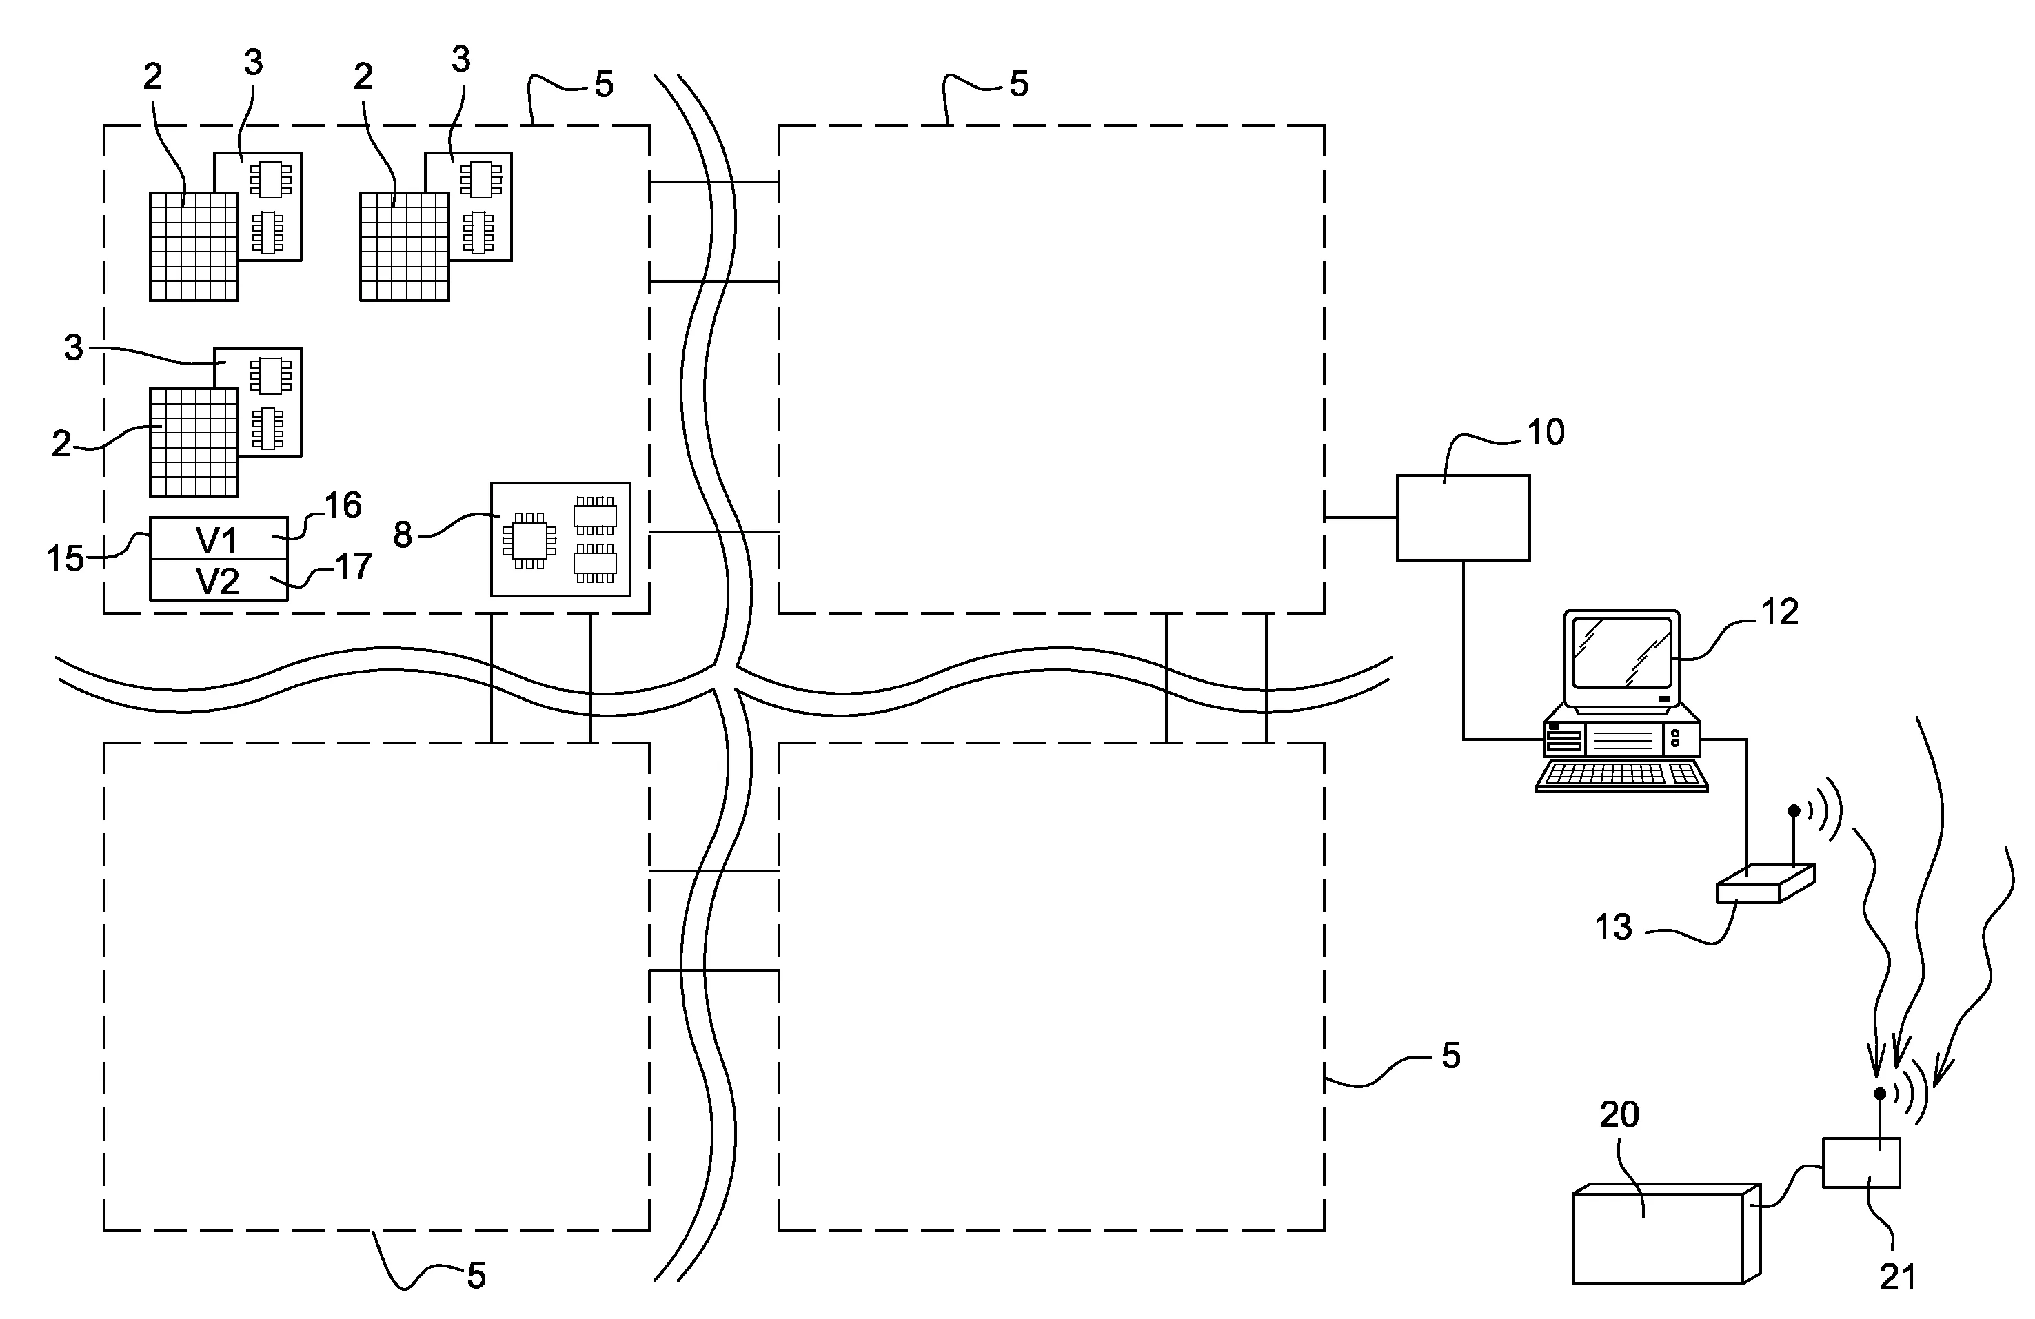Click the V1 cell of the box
(x=218, y=540)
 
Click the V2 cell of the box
(x=218, y=581)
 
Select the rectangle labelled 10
(x=1462, y=518)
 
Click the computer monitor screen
(x=1621, y=652)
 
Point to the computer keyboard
(x=1621, y=775)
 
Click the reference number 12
(x=1779, y=612)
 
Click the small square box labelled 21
(x=1861, y=1163)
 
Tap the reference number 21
(x=1897, y=1277)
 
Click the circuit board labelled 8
(x=560, y=540)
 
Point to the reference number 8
(x=403, y=535)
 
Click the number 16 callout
(x=343, y=505)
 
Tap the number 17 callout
(x=353, y=566)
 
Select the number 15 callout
(x=65, y=558)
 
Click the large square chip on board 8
(x=529, y=540)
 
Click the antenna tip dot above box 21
(x=1879, y=1094)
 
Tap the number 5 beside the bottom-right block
(x=1450, y=1056)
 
